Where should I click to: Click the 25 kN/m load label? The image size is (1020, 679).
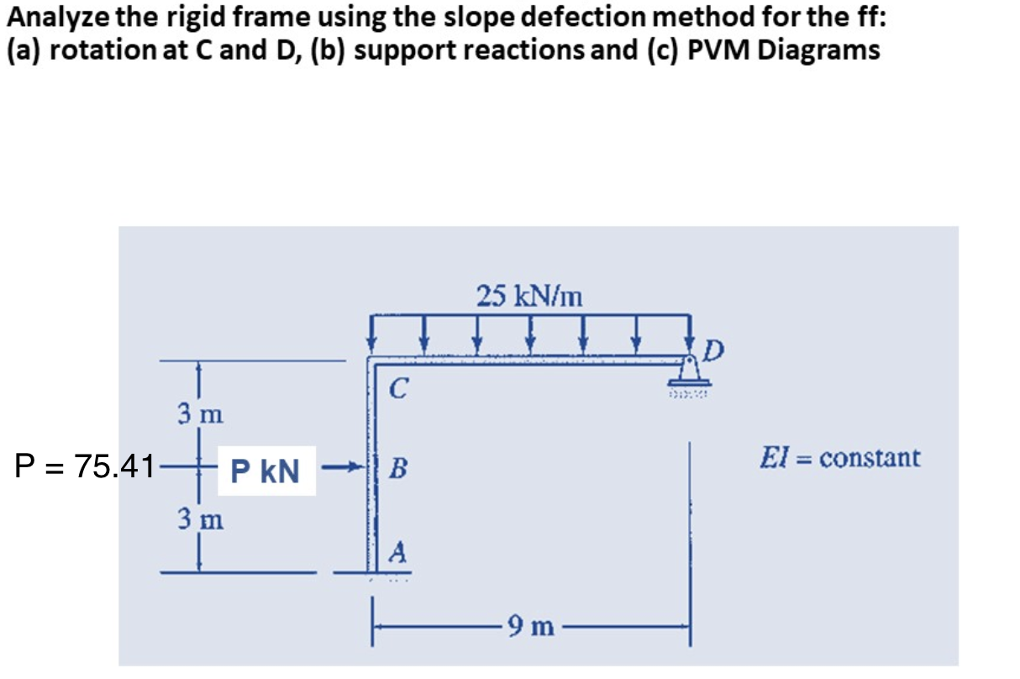click(x=529, y=296)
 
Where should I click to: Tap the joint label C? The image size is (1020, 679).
click(x=400, y=388)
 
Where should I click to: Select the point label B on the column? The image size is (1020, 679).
click(x=399, y=468)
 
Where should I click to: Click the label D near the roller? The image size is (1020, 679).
click(x=713, y=348)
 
